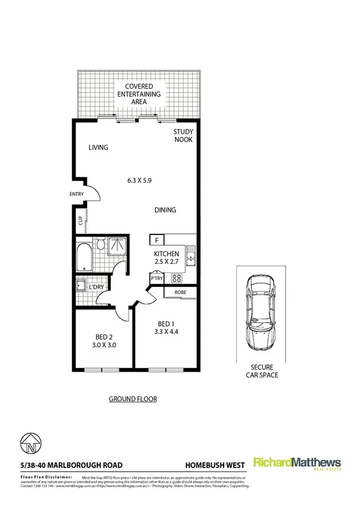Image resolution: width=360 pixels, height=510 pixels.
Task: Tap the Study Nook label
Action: click(182, 135)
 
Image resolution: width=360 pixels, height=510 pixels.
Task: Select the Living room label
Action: click(97, 147)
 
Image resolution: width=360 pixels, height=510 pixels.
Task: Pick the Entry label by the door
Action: click(78, 194)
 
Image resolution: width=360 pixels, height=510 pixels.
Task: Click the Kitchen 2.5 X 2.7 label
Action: click(165, 258)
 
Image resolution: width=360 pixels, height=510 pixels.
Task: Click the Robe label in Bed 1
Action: click(180, 292)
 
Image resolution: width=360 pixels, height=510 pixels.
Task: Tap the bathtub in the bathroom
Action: click(84, 257)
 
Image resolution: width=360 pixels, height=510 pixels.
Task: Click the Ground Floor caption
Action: click(133, 399)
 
